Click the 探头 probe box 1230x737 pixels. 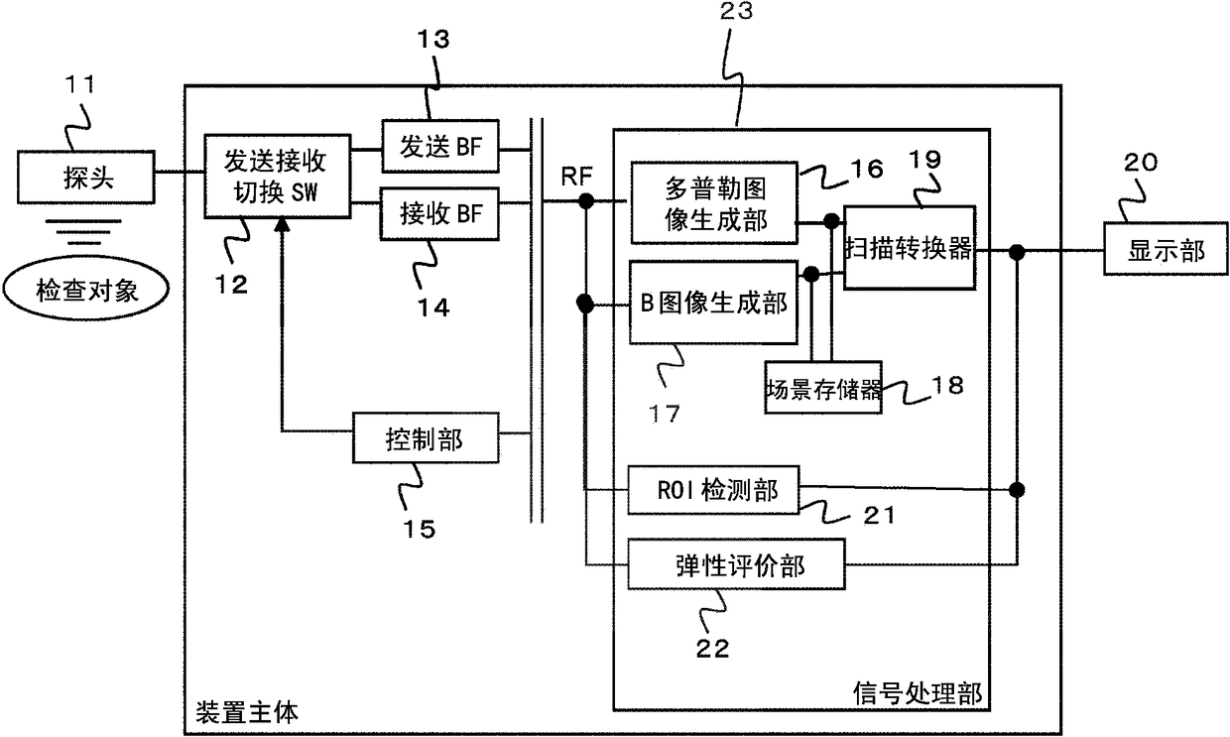[x=85, y=178]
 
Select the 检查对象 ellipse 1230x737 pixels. [x=85, y=290]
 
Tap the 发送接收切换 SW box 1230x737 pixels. [x=278, y=177]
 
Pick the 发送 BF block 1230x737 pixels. [x=439, y=146]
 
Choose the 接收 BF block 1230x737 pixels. [x=439, y=213]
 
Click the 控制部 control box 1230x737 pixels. [x=426, y=437]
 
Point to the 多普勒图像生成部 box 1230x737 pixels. [x=714, y=202]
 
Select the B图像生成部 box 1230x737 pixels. [x=713, y=303]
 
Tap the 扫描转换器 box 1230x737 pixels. [x=910, y=248]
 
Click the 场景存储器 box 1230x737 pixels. [x=823, y=388]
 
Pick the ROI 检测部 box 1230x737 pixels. [x=713, y=490]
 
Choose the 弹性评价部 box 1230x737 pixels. [x=736, y=564]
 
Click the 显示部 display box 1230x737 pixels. [x=1166, y=249]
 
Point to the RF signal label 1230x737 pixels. [x=576, y=177]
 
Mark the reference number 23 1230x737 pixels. [x=736, y=11]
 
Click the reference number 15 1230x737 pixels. [x=419, y=529]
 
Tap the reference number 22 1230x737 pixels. [x=713, y=649]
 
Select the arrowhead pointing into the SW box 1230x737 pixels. [x=282, y=223]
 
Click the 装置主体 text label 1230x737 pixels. [x=247, y=712]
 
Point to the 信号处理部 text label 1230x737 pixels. [x=917, y=693]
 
